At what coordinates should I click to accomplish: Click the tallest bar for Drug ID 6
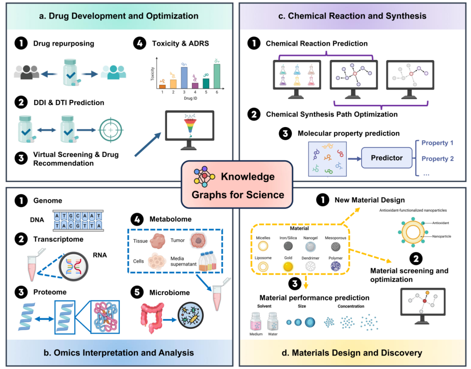tap(217, 76)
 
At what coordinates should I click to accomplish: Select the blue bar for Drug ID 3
tap(184, 78)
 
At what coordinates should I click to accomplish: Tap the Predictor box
tap(386, 158)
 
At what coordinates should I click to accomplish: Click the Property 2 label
tap(437, 159)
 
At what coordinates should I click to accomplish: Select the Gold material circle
tap(287, 266)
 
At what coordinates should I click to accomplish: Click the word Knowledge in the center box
tap(248, 176)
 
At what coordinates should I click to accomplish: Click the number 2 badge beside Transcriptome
tap(19, 239)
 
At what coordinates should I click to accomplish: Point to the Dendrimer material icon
tap(311, 267)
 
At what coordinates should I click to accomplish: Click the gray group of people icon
tap(26, 72)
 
